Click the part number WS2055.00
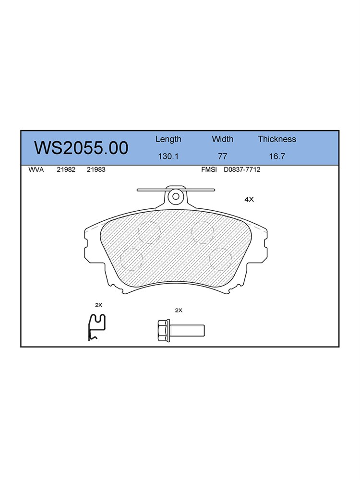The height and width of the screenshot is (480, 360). point(81,148)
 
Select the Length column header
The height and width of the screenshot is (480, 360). point(168,140)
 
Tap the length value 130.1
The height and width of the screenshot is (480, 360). point(168,156)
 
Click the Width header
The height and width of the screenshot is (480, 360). point(223,139)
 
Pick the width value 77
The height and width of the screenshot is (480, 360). point(223,156)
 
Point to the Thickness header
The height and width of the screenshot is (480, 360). point(277,139)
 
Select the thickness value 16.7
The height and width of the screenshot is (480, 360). point(277,156)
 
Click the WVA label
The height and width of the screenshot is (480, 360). point(36,169)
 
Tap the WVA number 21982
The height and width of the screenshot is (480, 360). point(66,169)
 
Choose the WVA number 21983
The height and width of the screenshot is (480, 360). point(96,169)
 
